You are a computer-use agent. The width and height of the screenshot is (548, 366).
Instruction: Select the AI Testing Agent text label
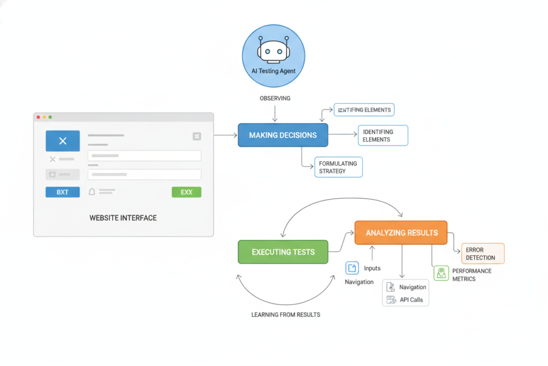click(x=273, y=71)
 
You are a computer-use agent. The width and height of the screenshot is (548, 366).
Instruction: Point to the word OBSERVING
click(x=275, y=99)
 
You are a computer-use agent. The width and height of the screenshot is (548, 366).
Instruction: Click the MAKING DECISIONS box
click(x=283, y=135)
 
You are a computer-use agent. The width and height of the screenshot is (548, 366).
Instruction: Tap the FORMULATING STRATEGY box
click(x=338, y=167)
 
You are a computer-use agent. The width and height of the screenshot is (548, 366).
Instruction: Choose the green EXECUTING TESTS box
click(x=283, y=252)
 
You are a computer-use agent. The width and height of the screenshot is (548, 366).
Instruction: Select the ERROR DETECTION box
click(x=483, y=253)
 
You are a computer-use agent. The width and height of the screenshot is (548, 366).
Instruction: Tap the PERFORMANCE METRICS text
click(x=471, y=275)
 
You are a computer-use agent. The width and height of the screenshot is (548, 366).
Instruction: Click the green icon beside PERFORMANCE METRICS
click(x=441, y=273)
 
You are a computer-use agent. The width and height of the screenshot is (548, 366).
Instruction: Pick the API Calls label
click(x=411, y=300)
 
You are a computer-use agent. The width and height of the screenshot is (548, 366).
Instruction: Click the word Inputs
click(x=372, y=268)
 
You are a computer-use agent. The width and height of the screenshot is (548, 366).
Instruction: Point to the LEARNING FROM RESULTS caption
click(x=286, y=315)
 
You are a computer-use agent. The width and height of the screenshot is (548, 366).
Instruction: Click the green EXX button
click(x=186, y=192)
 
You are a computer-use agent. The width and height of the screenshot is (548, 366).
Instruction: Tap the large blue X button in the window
click(x=63, y=141)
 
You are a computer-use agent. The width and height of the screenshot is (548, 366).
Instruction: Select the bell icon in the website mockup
click(x=92, y=191)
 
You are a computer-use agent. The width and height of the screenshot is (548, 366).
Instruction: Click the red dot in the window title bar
click(x=37, y=117)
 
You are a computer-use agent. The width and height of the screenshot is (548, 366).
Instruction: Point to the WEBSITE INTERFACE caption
click(x=123, y=218)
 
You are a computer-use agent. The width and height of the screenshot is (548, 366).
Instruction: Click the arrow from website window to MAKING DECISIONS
click(x=225, y=135)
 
